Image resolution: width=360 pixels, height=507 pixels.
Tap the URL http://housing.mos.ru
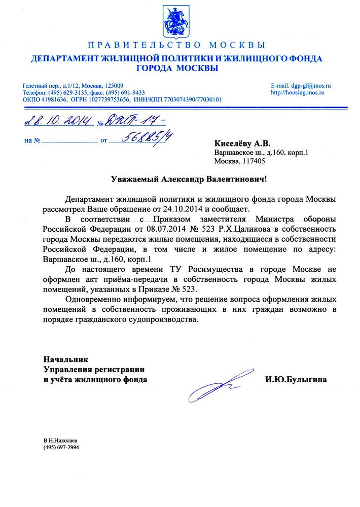tap(298, 93)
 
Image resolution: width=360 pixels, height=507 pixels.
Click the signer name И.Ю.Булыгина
tap(296, 379)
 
